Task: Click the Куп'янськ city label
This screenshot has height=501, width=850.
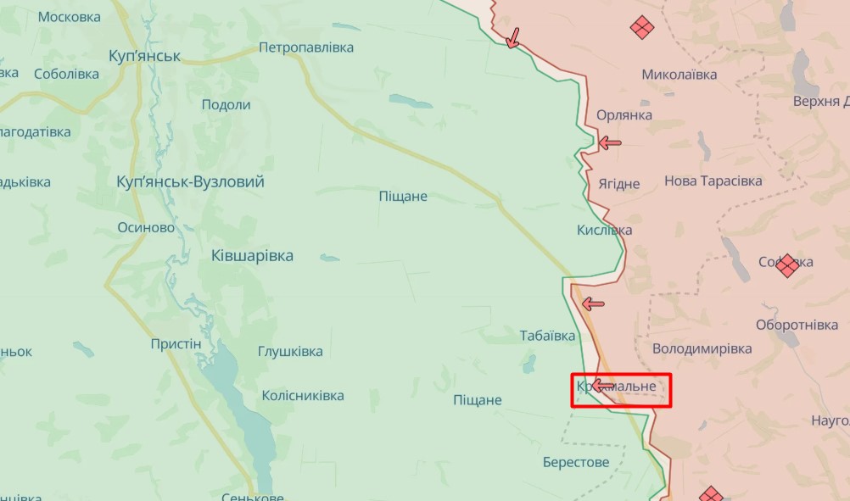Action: coord(145,56)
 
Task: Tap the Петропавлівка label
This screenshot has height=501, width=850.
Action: coord(306,47)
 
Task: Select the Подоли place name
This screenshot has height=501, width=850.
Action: coord(226,105)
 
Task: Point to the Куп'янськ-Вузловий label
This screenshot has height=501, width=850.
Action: coord(190,182)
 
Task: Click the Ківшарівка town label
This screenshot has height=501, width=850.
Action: coord(252,256)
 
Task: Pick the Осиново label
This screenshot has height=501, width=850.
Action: coord(146,228)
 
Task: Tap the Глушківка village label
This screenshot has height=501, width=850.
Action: coord(290,352)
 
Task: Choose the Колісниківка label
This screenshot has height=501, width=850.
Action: coord(303,396)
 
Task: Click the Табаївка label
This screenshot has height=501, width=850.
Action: coord(547,336)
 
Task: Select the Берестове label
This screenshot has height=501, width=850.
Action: coord(576,462)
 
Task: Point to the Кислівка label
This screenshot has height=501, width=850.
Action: coord(604,231)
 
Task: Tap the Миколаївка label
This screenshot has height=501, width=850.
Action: coord(679,75)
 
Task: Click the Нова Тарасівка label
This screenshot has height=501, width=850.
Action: coord(713,181)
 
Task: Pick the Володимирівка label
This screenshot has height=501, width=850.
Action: coord(702,349)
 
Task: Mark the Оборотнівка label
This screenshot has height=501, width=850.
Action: coord(797,326)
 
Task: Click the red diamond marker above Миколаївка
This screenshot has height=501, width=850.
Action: coord(642,28)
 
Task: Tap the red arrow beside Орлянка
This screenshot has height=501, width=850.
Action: coord(609,142)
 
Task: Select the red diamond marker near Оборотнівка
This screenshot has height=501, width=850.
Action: coord(788,265)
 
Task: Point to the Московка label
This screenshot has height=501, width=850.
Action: coord(70,17)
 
